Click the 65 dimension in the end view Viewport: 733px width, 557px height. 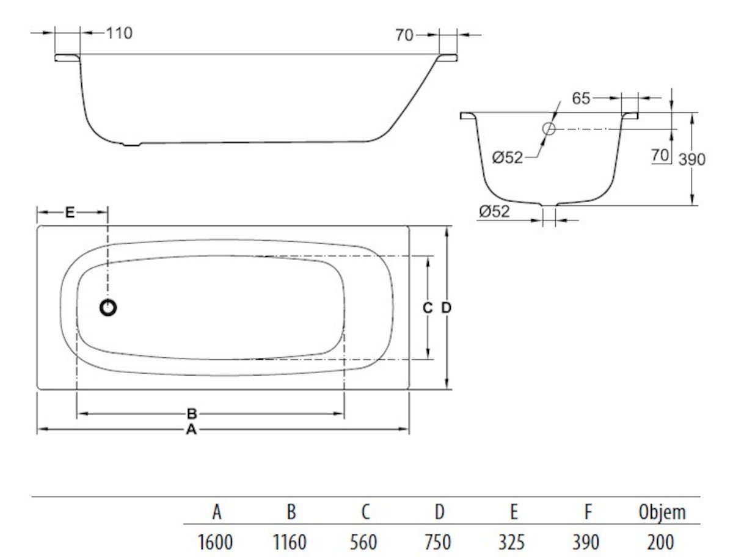click(582, 98)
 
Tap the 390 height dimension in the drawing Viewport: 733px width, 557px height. click(692, 160)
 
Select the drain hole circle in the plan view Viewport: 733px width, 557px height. click(108, 308)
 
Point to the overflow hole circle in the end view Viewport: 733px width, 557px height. click(549, 128)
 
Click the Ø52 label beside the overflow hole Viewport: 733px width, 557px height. click(508, 158)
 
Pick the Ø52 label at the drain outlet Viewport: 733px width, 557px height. click(494, 211)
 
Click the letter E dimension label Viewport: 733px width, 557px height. click(70, 213)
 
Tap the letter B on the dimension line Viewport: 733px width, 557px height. click(192, 413)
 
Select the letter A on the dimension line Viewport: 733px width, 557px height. click(192, 429)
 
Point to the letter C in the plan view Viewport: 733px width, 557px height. click(428, 308)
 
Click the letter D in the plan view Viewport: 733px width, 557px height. click(447, 308)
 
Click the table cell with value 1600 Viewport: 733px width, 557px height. click(216, 542)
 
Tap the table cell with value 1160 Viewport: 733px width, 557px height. click(290, 542)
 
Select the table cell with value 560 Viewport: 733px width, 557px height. click(364, 542)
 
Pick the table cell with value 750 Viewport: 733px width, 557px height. click(438, 542)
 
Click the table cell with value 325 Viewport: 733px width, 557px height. click(512, 542)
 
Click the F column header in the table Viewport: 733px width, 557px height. click(588, 512)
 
